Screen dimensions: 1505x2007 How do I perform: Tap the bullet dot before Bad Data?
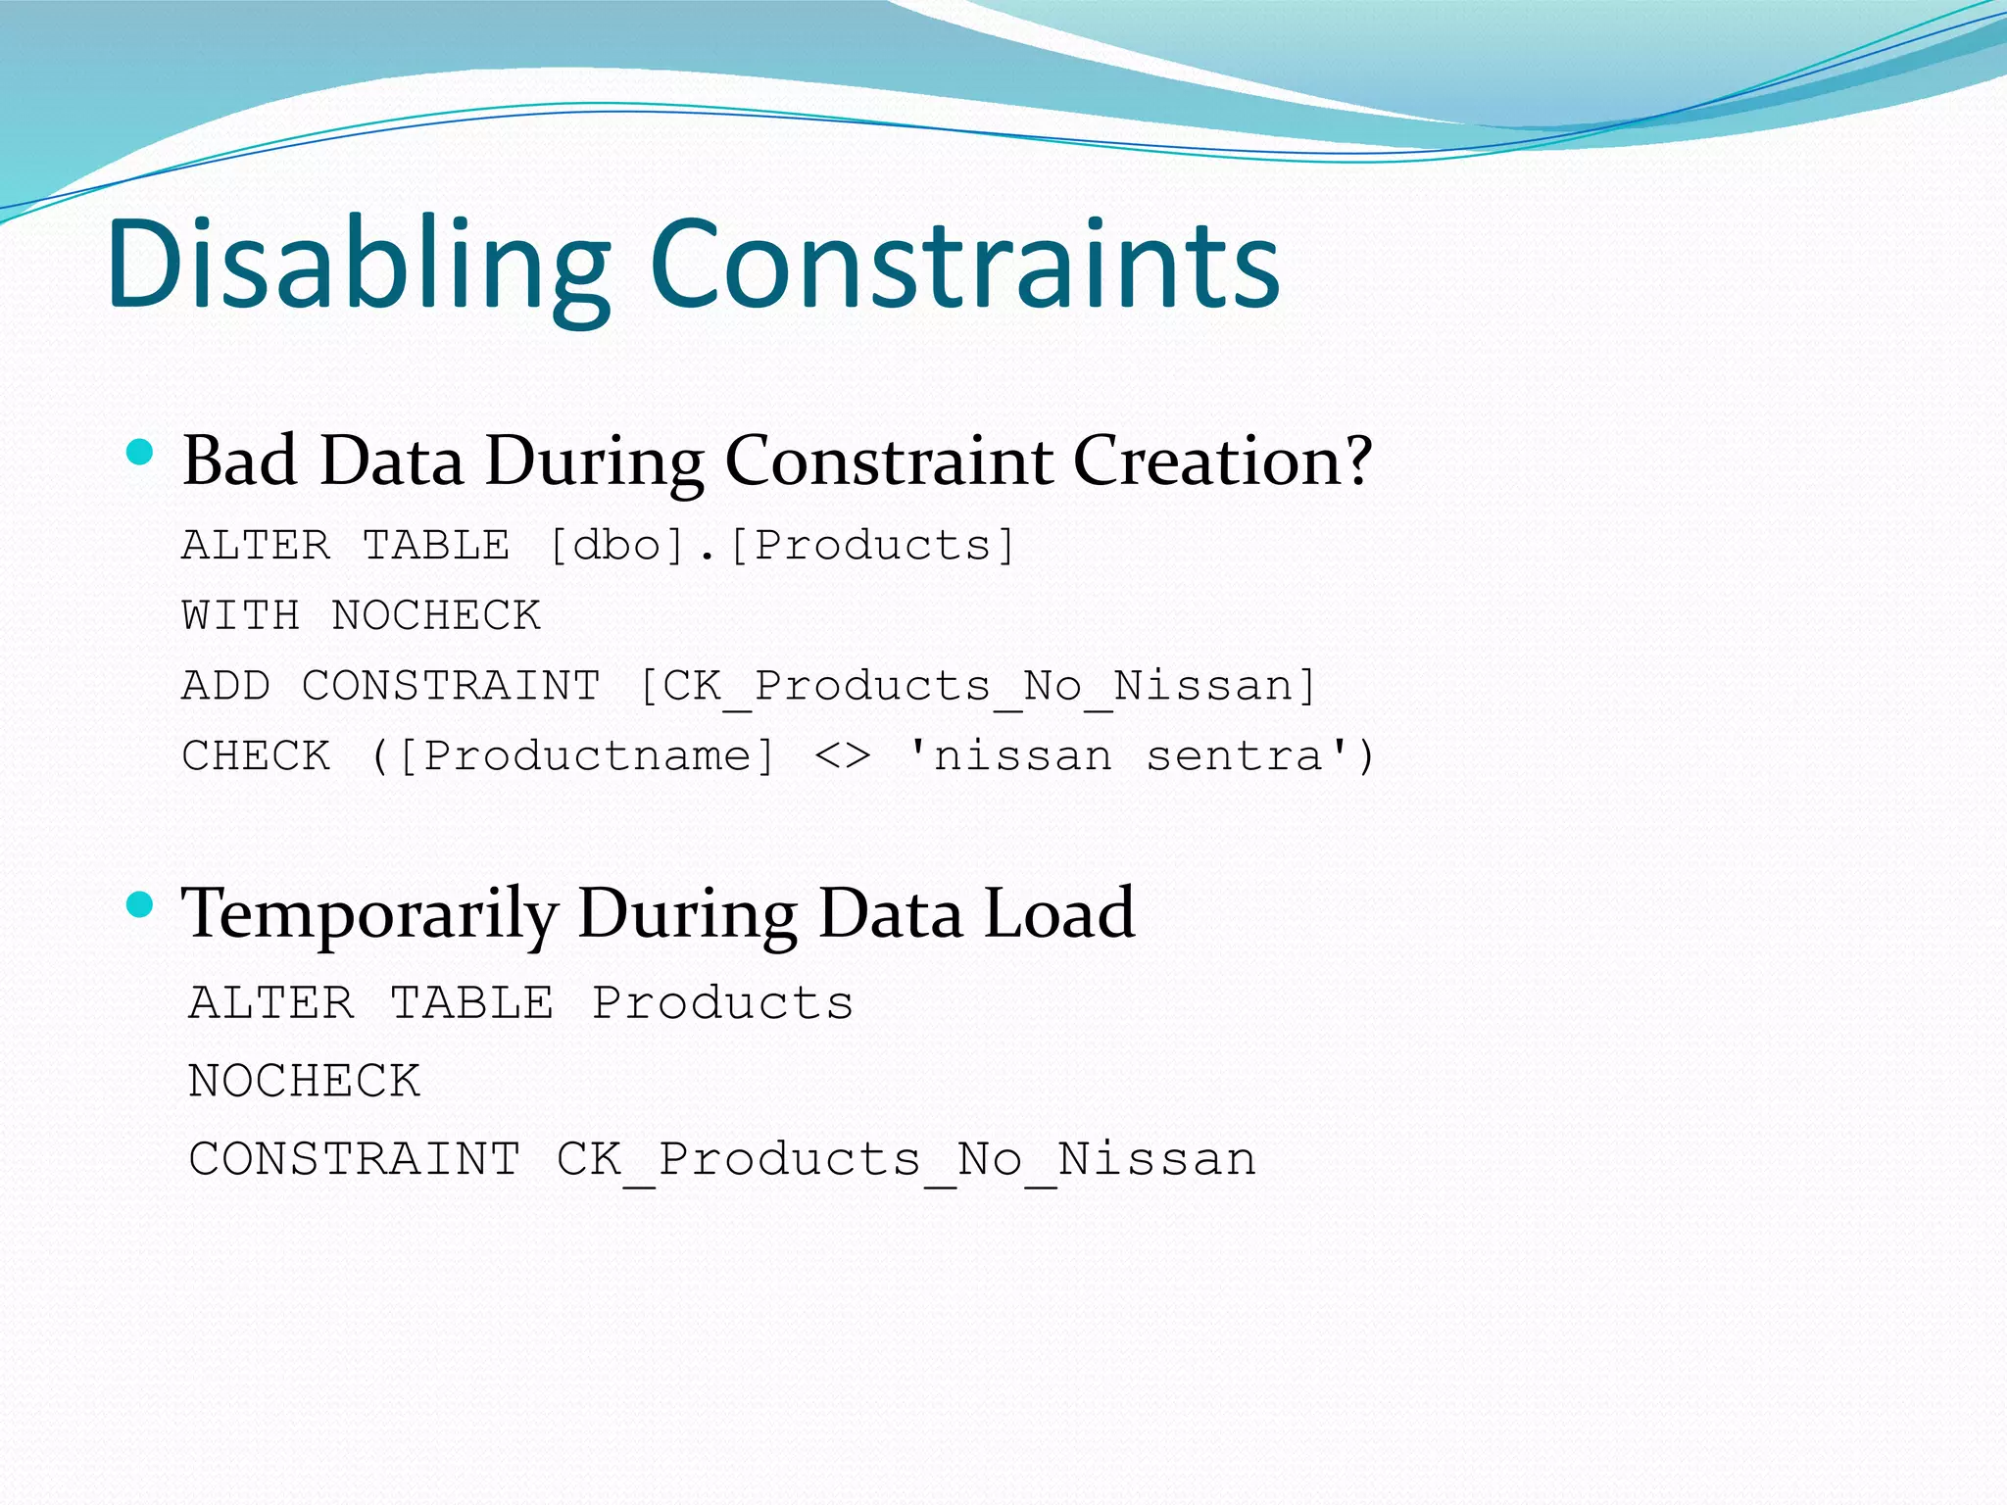[x=141, y=452]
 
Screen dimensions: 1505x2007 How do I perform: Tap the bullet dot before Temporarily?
[x=141, y=903]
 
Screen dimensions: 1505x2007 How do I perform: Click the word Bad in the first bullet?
[x=240, y=461]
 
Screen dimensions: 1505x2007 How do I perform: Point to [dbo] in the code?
[x=616, y=546]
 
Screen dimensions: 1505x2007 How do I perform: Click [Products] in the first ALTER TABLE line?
[x=872, y=546]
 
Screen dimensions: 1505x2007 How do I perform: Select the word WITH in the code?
[x=240, y=616]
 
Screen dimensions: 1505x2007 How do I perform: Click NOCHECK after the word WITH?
[x=436, y=616]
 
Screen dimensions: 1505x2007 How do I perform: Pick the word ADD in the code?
[x=225, y=686]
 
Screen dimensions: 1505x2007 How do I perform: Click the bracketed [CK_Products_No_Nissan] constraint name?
[x=977, y=686]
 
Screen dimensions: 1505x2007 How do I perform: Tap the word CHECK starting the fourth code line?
[x=256, y=756]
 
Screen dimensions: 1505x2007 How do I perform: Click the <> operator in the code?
[x=842, y=756]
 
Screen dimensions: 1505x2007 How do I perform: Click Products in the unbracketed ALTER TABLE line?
[x=722, y=1003]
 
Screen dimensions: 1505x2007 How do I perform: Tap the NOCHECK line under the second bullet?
[x=304, y=1082]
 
